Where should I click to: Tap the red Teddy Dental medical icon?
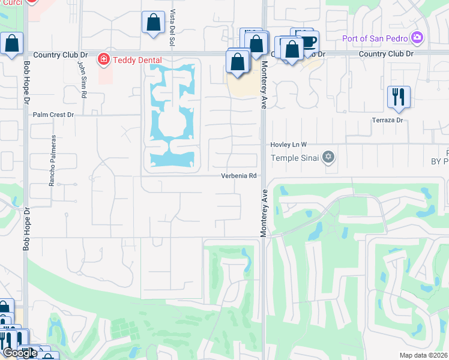[x=103, y=59]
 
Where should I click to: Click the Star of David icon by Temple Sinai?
[x=328, y=158]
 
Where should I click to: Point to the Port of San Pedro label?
[x=375, y=39]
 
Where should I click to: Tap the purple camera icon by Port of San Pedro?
[x=417, y=39]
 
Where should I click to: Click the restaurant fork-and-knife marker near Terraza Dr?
[x=399, y=97]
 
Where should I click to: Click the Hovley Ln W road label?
[x=288, y=145]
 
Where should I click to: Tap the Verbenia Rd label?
[x=240, y=176]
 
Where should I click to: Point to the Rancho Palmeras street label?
[x=53, y=160]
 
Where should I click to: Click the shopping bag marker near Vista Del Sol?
[x=153, y=23]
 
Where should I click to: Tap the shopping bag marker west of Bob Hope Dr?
[x=11, y=43]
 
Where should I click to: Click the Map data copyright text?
[x=424, y=355]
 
